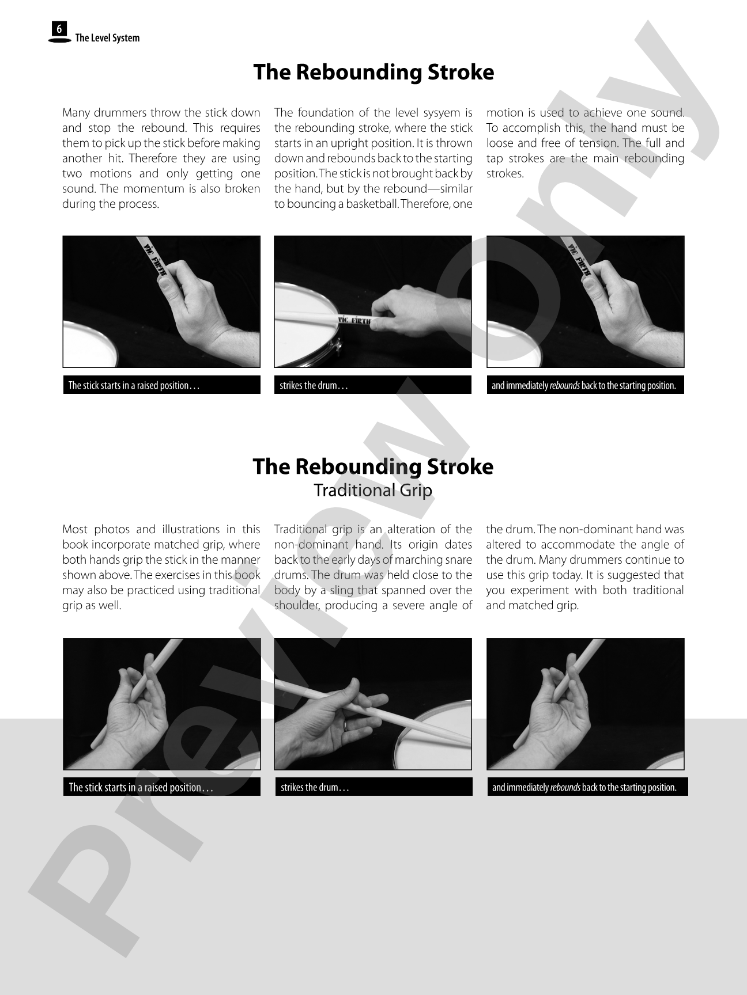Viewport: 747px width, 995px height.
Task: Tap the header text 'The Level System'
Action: click(x=107, y=38)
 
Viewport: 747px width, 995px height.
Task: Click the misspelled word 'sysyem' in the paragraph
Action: click(x=442, y=113)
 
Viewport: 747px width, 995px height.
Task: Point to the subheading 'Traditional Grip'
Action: click(x=373, y=490)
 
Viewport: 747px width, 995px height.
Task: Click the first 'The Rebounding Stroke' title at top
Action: click(x=373, y=72)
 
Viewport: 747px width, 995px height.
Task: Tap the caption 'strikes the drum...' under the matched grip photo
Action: click(x=314, y=385)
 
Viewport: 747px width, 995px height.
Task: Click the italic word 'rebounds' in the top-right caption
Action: click(x=565, y=385)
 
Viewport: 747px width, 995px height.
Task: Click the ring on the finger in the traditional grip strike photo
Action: click(x=345, y=725)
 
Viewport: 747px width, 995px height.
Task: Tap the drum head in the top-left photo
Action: click(x=89, y=345)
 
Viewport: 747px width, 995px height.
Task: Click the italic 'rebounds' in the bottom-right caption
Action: click(x=565, y=787)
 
